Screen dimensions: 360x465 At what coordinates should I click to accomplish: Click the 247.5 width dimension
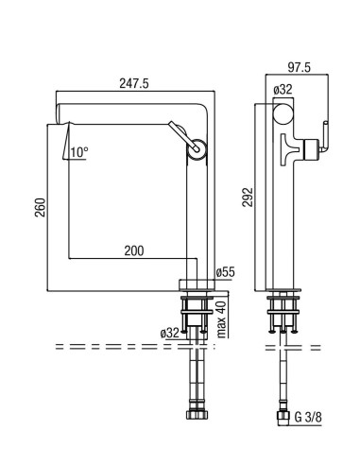coord(134,83)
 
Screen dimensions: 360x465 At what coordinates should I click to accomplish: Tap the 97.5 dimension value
coord(300,67)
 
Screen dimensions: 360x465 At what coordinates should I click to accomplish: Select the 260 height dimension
coord(41,207)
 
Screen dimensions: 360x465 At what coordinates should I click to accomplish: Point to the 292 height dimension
coord(248,197)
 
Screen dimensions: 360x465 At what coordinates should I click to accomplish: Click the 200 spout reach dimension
coord(134,250)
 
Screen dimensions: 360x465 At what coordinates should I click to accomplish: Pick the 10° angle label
coord(78,152)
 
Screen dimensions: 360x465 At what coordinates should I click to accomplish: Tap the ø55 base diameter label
coord(226,272)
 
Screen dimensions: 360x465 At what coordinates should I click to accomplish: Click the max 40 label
coord(222,319)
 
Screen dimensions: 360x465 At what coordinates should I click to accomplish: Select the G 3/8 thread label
coord(308,417)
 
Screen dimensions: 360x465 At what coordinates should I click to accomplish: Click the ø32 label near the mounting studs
coord(169,333)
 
